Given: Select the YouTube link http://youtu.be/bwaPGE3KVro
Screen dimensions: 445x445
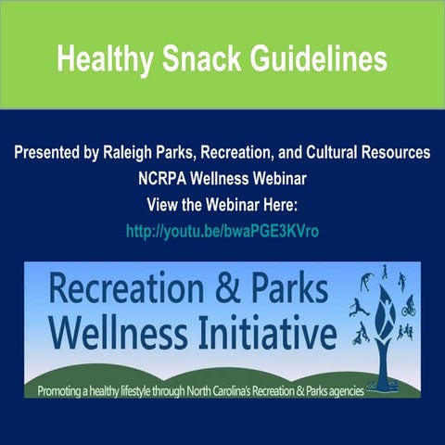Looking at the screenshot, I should pos(222,231).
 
